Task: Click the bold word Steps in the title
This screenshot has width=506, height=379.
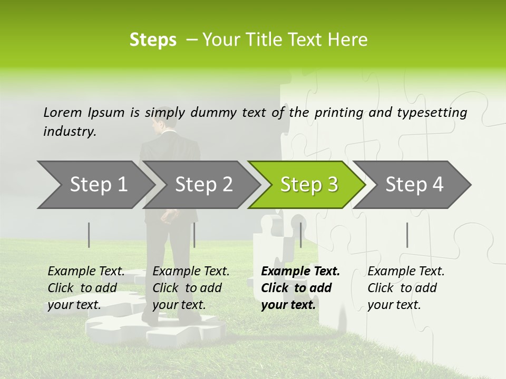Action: tap(153, 40)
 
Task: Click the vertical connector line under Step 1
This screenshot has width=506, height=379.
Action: tap(89, 235)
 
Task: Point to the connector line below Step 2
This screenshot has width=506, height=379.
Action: tap(194, 235)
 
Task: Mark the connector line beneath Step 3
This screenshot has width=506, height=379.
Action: tap(301, 235)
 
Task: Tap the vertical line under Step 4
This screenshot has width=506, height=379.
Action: tap(407, 235)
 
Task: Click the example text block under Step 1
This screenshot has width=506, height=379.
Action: tap(86, 288)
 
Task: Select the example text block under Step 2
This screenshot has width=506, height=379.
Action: tap(191, 288)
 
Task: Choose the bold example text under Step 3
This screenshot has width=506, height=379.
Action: tap(300, 288)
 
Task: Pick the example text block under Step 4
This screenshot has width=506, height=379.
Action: tap(406, 288)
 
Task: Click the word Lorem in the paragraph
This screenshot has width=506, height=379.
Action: tap(62, 112)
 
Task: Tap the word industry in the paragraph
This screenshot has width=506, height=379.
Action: tap(69, 132)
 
